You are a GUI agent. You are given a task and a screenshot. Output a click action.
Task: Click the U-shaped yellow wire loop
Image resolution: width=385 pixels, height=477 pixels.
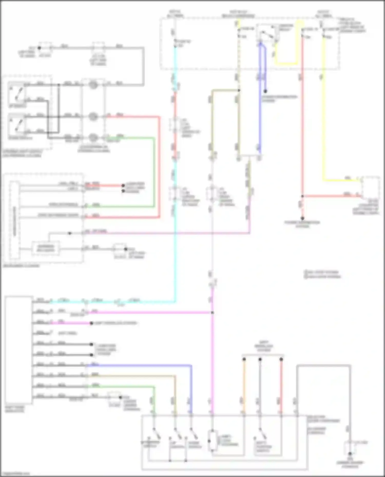(286, 63)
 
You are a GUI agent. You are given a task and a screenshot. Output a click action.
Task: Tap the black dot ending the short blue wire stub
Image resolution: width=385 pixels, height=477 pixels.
(265, 91)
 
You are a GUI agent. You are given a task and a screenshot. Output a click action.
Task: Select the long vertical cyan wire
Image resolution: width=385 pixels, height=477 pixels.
(175, 231)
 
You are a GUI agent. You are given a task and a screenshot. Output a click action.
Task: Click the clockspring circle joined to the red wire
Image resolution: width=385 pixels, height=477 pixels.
(93, 117)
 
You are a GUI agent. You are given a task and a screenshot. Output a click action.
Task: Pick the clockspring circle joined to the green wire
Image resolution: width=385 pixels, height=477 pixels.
(93, 137)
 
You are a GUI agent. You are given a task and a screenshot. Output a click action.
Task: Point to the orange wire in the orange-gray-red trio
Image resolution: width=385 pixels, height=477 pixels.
(244, 384)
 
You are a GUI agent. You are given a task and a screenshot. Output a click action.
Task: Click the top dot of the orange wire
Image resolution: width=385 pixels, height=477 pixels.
(244, 359)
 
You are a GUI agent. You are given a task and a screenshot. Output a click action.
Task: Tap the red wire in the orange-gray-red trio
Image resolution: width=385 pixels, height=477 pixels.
(281, 384)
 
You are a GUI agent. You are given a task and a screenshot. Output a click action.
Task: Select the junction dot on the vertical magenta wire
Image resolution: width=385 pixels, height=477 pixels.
(212, 313)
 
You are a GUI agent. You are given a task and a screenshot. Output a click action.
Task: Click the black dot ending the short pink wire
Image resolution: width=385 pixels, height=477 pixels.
(91, 323)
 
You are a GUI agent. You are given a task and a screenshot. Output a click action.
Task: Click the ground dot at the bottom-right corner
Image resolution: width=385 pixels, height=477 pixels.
(350, 454)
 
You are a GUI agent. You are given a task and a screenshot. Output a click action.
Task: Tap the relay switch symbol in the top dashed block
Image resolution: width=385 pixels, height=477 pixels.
(267, 33)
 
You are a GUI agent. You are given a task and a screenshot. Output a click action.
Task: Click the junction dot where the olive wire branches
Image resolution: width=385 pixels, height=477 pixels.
(239, 90)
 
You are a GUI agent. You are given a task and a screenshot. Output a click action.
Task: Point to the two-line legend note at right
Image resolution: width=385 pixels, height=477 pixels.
(322, 274)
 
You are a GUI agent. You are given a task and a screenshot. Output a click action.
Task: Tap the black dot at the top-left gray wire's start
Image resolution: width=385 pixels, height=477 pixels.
(39, 48)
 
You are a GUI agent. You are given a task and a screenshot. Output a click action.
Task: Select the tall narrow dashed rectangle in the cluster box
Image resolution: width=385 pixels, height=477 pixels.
(14, 220)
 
